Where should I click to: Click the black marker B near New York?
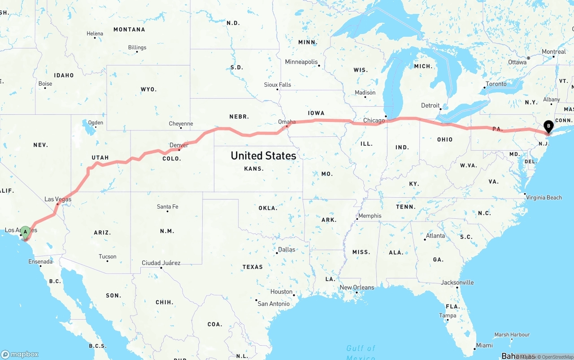point(548,126)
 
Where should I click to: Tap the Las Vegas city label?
point(58,199)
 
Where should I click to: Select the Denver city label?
point(179,145)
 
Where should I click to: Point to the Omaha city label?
point(287,121)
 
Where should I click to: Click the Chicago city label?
point(374,120)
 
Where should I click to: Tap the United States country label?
point(263,156)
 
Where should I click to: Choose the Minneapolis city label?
point(301,62)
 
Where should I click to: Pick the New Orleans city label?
point(357,287)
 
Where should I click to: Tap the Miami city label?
point(484,345)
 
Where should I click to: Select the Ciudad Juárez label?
point(161,263)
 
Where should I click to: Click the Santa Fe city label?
point(167,207)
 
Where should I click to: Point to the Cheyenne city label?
point(181,124)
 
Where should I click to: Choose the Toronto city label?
point(496,84)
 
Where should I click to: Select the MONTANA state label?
point(129,30)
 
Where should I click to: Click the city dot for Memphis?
point(357,219)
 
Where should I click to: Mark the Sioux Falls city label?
point(277,84)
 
